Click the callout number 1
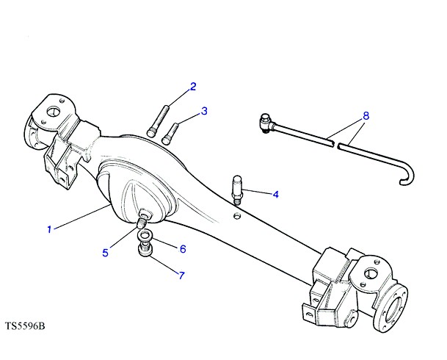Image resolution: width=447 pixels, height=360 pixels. (49, 229)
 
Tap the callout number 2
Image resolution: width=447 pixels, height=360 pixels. (193, 87)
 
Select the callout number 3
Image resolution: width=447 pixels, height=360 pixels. (204, 111)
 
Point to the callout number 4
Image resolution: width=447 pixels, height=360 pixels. (275, 195)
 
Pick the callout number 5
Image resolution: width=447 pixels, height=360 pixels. (106, 253)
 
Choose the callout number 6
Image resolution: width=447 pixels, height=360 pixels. (183, 249)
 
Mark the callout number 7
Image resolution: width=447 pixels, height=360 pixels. (181, 276)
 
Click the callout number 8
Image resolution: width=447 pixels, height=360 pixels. (366, 116)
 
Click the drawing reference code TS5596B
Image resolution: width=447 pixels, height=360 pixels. (25, 325)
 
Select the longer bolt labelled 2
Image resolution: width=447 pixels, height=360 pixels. (159, 121)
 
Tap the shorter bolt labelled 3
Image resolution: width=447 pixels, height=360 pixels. (170, 133)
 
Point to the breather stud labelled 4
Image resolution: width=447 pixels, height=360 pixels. (237, 190)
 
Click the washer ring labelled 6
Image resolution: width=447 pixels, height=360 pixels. (145, 236)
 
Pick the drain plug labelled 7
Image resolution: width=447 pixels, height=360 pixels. (145, 251)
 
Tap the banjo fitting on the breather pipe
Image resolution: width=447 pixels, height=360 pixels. (266, 123)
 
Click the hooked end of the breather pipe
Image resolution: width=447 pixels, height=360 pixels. (407, 176)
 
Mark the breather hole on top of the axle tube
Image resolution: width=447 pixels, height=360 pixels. (236, 216)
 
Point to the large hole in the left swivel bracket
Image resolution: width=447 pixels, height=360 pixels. (52, 112)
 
